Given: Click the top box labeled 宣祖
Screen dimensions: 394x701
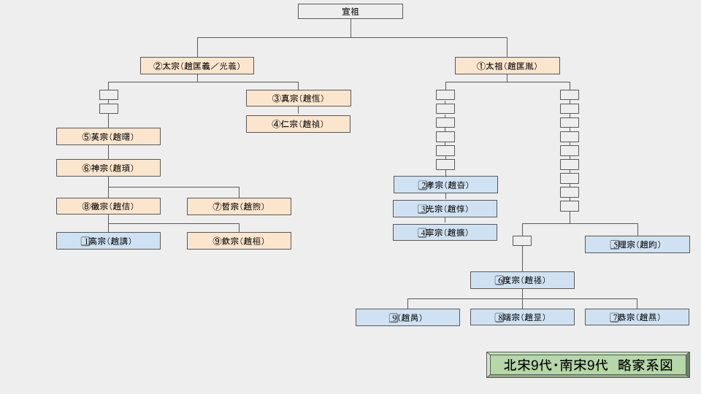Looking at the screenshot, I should [x=350, y=12].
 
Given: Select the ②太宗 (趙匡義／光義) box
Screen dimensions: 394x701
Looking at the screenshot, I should [x=197, y=66].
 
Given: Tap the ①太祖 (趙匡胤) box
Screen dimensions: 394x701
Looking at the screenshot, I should [x=507, y=66].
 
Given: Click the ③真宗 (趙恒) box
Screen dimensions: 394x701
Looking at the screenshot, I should [x=298, y=98].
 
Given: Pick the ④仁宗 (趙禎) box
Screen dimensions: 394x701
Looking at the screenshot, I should [x=298, y=124].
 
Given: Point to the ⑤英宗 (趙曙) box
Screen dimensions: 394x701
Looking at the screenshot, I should [x=108, y=136].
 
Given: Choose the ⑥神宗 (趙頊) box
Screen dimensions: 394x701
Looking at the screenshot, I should [x=108, y=168].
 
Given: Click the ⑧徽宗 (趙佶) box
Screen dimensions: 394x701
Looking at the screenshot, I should [x=108, y=206].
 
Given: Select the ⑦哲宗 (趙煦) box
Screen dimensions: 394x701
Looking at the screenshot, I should [x=239, y=206].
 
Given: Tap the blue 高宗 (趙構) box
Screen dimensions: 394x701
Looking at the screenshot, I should [x=108, y=241].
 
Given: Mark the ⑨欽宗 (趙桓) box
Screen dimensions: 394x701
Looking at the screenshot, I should [x=239, y=241].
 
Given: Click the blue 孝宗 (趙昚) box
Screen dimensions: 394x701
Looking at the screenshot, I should [x=445, y=185].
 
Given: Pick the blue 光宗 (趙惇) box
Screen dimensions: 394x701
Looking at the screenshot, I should [x=445, y=209].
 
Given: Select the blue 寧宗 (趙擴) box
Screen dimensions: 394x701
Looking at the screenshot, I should [x=445, y=233].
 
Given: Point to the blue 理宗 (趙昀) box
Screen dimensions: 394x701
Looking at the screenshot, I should [x=637, y=244].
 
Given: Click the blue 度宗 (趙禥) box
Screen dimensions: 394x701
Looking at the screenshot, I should [x=522, y=280].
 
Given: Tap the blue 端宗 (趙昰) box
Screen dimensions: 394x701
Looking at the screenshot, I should [x=522, y=317].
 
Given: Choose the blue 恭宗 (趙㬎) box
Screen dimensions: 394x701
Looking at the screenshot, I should [x=637, y=317].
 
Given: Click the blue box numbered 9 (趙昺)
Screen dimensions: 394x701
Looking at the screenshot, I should [x=407, y=317].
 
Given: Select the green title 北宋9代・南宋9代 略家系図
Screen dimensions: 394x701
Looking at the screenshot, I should [x=588, y=365].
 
